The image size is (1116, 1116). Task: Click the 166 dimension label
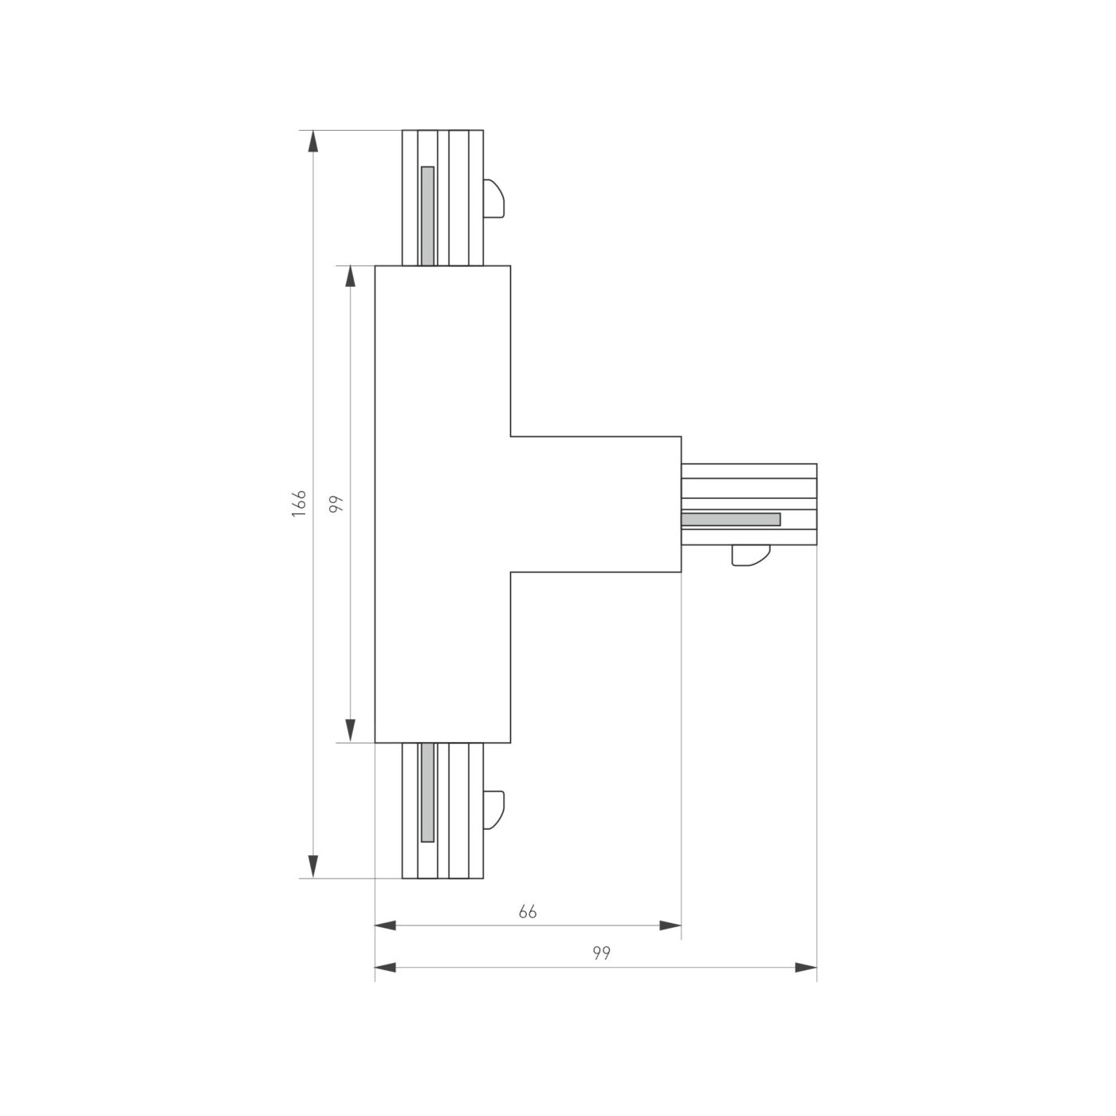pyautogui.click(x=299, y=504)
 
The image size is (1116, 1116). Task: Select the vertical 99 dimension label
pyautogui.click(x=336, y=504)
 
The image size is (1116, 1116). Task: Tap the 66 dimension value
pyautogui.click(x=528, y=912)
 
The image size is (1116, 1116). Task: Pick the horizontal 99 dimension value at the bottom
pyautogui.click(x=601, y=953)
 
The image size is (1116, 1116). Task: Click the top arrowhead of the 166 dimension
pyautogui.click(x=313, y=141)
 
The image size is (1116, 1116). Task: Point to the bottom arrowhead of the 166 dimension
pyautogui.click(x=313, y=867)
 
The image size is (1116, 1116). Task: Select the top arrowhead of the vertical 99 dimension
pyautogui.click(x=349, y=277)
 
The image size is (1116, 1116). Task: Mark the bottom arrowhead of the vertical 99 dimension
pyautogui.click(x=349, y=731)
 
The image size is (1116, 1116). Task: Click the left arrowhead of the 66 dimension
pyautogui.click(x=386, y=925)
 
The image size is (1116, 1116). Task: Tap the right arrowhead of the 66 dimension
pyautogui.click(x=670, y=925)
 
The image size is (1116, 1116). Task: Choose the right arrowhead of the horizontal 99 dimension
pyautogui.click(x=806, y=968)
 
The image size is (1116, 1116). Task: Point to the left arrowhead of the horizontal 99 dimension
pyautogui.click(x=386, y=968)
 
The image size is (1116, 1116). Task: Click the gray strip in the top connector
pyautogui.click(x=428, y=215)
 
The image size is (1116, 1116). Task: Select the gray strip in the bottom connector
pyautogui.click(x=428, y=792)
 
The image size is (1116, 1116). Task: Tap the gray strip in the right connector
pyautogui.click(x=731, y=520)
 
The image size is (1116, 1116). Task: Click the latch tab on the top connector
pyautogui.click(x=493, y=198)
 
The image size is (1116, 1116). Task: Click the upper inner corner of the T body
pyautogui.click(x=511, y=436)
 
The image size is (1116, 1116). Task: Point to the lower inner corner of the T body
pyautogui.click(x=511, y=572)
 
